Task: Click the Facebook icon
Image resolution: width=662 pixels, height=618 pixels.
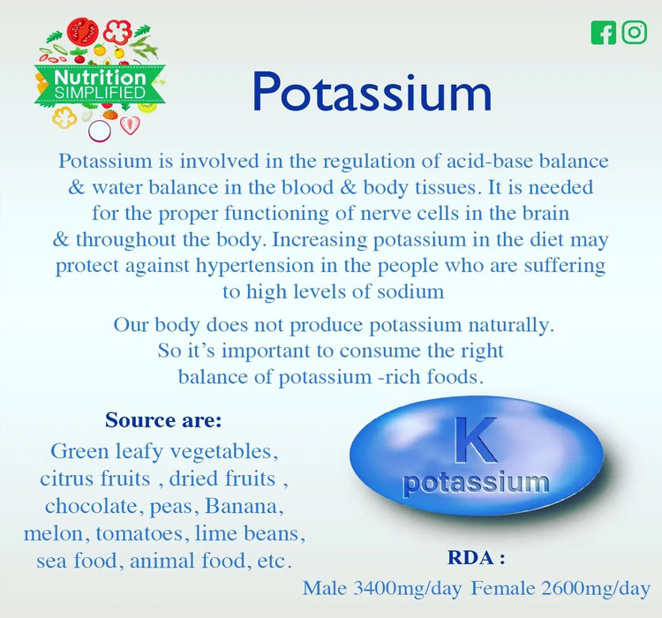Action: coord(604,33)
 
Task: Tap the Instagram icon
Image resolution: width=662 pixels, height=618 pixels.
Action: coord(634,33)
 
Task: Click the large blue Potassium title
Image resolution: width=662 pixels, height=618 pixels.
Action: coord(372,92)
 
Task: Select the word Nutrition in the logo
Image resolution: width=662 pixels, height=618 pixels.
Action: coord(100,78)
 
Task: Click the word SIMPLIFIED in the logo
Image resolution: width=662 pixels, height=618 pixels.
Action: coord(100,93)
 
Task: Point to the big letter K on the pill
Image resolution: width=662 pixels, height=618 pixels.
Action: coord(477,440)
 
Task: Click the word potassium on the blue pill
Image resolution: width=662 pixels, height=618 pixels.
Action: coord(477,482)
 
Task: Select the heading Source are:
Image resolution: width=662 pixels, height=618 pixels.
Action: coord(163,420)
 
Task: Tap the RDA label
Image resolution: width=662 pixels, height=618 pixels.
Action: coord(477,558)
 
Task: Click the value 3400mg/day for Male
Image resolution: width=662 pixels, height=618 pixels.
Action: coord(407,588)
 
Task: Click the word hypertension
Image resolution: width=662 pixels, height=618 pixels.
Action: coord(254,266)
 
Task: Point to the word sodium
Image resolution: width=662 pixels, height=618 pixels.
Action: coord(410,291)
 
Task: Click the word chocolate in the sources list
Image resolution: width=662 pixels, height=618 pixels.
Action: coord(91,506)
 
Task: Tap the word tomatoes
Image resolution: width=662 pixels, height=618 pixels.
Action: coord(139,533)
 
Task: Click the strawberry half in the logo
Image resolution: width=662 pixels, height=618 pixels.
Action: coord(130,124)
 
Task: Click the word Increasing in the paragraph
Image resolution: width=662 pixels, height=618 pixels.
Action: coord(320,240)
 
